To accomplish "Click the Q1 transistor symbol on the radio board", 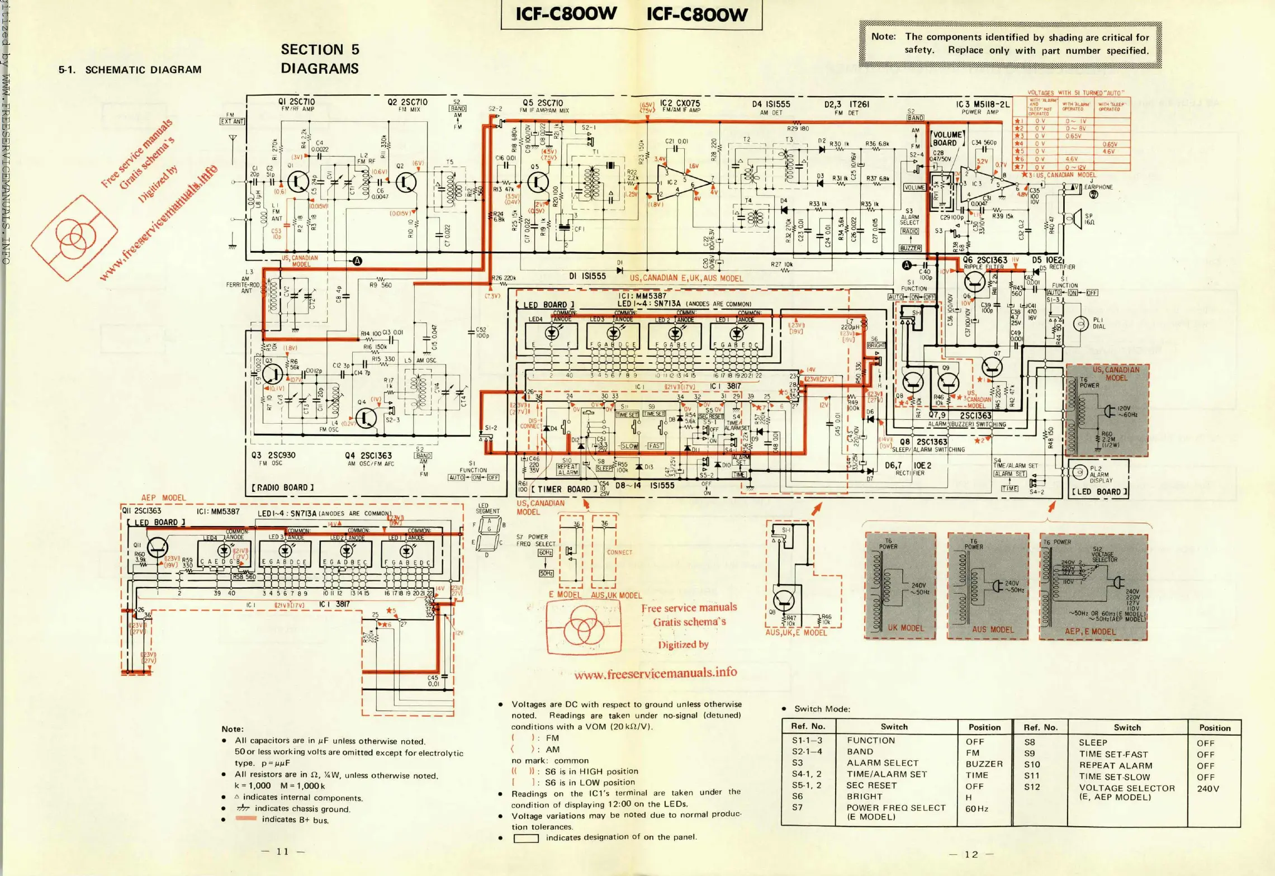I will click(x=297, y=182).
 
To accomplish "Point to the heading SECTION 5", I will click(x=320, y=50).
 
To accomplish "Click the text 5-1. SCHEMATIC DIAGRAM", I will click(x=130, y=70).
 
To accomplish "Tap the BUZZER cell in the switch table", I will click(x=984, y=764).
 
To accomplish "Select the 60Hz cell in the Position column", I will click(x=977, y=808).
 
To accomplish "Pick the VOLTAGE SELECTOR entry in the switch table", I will click(x=1126, y=788).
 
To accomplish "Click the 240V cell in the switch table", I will click(x=1207, y=788).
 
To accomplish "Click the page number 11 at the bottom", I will click(x=283, y=851).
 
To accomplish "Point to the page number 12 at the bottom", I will click(x=971, y=854).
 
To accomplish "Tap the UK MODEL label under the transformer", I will click(x=906, y=628).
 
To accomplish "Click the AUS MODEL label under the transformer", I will click(x=993, y=629).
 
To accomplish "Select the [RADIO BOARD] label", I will click(x=283, y=487).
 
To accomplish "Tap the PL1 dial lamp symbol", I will click(x=1081, y=323).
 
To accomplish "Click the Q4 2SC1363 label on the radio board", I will click(x=368, y=456).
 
